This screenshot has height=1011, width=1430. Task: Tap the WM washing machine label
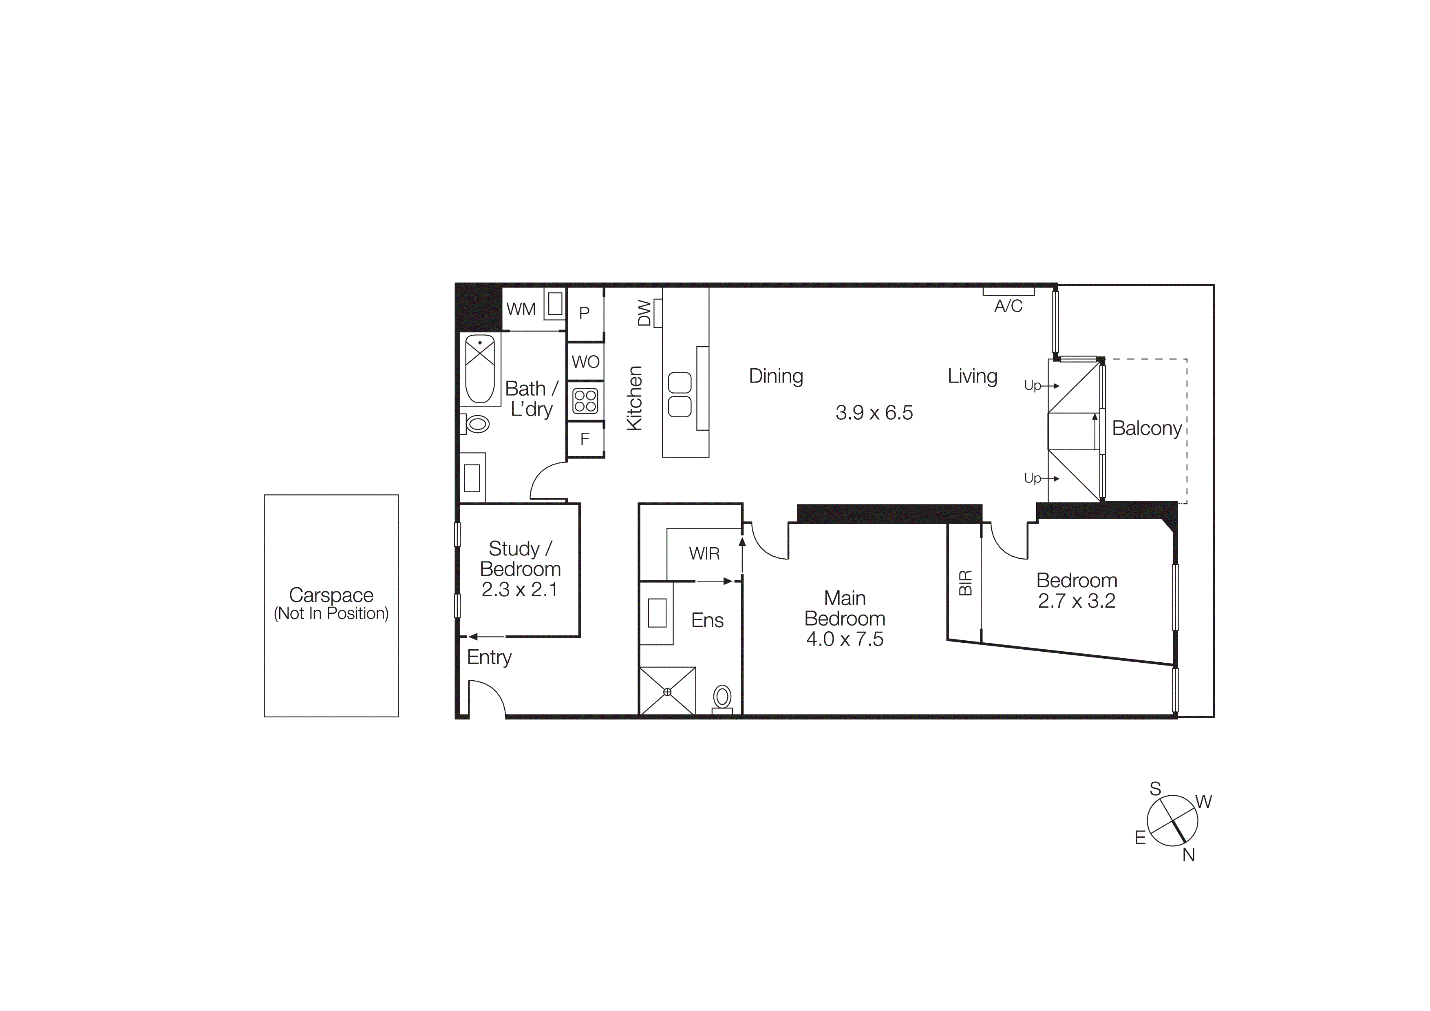[x=521, y=309]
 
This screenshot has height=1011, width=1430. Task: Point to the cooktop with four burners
[x=585, y=400]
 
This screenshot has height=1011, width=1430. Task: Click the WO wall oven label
[x=585, y=362]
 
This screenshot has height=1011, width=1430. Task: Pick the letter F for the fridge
[x=585, y=439]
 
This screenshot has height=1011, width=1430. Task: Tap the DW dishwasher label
[x=644, y=313]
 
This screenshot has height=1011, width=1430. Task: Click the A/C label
[x=1009, y=306]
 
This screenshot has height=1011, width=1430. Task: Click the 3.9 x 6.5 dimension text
[x=874, y=412]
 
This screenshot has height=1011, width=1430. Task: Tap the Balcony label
[x=1147, y=429]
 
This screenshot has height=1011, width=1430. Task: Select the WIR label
[x=704, y=554]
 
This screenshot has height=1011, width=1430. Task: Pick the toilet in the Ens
[x=722, y=698]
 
